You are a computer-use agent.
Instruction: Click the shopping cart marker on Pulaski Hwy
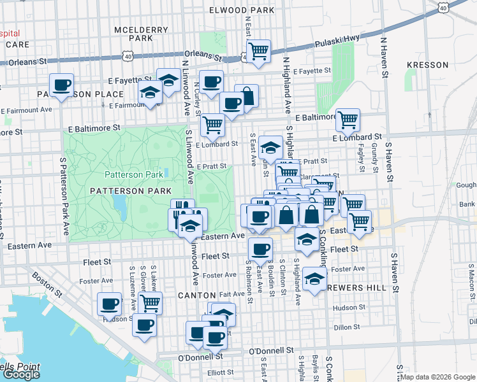258,51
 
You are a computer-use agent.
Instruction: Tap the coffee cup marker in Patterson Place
62,85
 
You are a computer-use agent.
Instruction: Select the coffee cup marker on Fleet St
260,249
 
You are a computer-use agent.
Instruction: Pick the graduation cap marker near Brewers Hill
314,278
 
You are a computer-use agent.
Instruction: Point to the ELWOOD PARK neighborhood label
242,10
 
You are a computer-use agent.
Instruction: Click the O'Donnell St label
270,351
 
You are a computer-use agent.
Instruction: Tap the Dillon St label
346,327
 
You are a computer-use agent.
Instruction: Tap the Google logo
20,374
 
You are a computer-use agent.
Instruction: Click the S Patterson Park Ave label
64,191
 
